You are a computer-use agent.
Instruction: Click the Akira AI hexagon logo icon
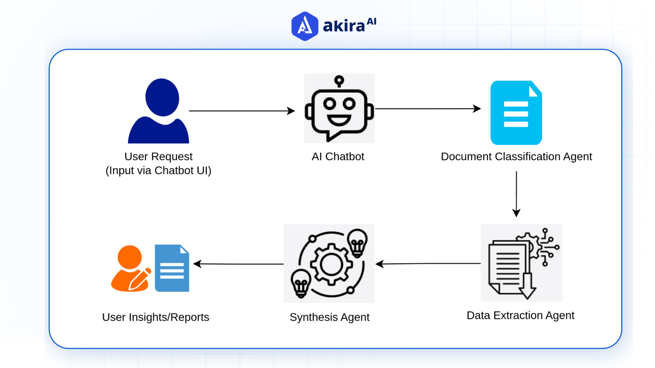[305, 26]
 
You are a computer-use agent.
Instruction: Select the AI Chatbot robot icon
[339, 108]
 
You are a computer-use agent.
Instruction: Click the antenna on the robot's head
[339, 81]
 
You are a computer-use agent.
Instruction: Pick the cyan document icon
[516, 113]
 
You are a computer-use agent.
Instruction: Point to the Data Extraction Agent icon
[522, 263]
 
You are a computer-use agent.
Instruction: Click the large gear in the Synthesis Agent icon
[331, 264]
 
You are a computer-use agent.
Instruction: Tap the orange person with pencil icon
[131, 269]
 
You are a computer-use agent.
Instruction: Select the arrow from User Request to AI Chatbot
[242, 111]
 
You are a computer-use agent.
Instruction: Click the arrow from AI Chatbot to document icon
[427, 109]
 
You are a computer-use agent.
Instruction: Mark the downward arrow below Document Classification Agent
[516, 194]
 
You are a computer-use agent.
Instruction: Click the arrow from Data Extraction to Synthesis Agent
[428, 263]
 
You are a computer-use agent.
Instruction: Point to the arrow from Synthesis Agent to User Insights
[238, 264]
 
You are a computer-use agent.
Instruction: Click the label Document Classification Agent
[516, 156]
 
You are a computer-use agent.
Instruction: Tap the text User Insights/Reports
[156, 317]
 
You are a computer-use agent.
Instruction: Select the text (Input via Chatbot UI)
[158, 170]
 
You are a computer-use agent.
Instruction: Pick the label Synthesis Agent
[329, 317]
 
